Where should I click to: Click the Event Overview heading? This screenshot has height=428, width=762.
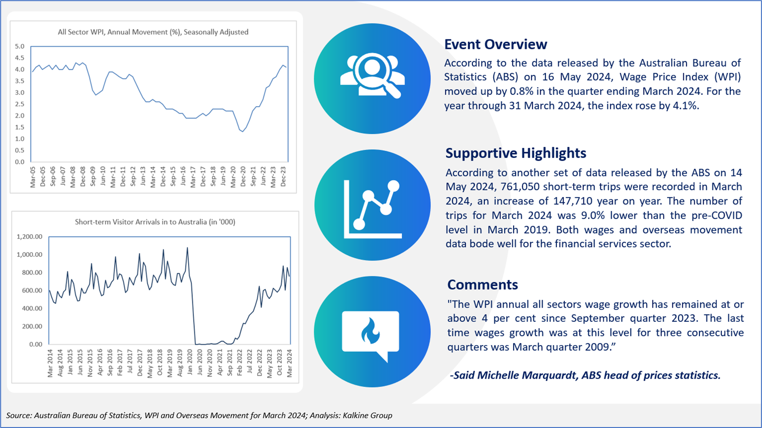tap(496, 44)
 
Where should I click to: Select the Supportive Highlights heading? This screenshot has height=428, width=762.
tap(516, 153)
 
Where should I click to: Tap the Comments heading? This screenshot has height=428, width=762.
tap(482, 285)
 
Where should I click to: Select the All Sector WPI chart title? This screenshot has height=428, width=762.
tap(153, 32)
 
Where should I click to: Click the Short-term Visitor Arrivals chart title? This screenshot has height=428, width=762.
tap(155, 222)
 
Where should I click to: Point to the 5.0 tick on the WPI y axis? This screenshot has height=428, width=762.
tap(20, 46)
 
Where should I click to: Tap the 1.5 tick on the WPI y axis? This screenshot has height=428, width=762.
tap(20, 127)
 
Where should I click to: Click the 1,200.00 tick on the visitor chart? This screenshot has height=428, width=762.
tap(29, 237)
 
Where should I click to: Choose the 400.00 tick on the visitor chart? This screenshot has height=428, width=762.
tap(31, 308)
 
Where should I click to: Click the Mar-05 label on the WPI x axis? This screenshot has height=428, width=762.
tap(33, 177)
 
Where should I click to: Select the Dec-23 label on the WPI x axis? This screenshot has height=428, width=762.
tap(283, 177)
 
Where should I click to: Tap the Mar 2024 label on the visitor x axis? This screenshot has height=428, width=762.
tap(290, 363)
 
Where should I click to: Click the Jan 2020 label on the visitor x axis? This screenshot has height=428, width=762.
tap(190, 363)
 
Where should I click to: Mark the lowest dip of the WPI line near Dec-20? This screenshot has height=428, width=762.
tap(243, 131)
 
